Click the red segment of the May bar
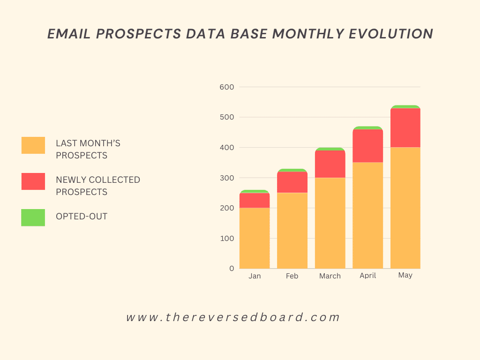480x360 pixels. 405,127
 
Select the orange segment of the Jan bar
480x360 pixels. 255,238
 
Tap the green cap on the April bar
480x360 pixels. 367,127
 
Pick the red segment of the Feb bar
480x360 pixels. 292,182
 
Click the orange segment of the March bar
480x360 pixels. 330,223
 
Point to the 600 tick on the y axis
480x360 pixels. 227,87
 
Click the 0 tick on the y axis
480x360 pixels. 232,269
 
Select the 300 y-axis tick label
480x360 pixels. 227,178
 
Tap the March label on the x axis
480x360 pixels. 330,276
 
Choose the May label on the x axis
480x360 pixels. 405,275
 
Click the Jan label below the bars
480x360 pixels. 255,276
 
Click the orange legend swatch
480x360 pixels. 33,145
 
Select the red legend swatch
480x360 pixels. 33,181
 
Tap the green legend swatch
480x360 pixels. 33,217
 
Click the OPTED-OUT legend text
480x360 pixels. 82,217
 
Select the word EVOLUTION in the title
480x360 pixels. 391,34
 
